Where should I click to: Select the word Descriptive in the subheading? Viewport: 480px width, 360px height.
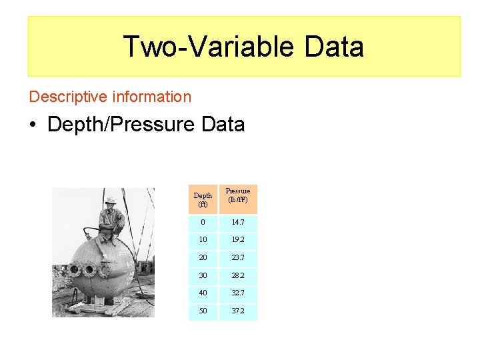point(67,97)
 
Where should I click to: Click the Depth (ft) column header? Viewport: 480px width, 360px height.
point(203,199)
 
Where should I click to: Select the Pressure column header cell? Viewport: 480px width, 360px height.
point(238,195)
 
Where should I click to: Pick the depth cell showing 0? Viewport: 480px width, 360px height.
point(203,221)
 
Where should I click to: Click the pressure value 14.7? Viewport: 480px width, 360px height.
point(238,221)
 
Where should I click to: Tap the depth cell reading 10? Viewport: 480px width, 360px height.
point(203,239)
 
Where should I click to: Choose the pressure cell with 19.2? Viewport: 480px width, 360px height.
point(238,239)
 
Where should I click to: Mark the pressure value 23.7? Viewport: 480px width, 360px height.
point(238,257)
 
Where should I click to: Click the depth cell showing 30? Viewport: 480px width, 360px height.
point(203,275)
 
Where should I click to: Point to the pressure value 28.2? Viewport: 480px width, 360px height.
point(238,275)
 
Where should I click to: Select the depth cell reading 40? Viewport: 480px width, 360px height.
point(203,293)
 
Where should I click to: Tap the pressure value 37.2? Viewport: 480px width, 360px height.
point(238,311)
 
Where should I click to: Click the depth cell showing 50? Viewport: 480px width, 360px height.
point(203,311)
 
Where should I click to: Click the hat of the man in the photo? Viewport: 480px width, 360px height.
point(111,200)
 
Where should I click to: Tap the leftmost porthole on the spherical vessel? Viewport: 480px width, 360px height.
point(74,271)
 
